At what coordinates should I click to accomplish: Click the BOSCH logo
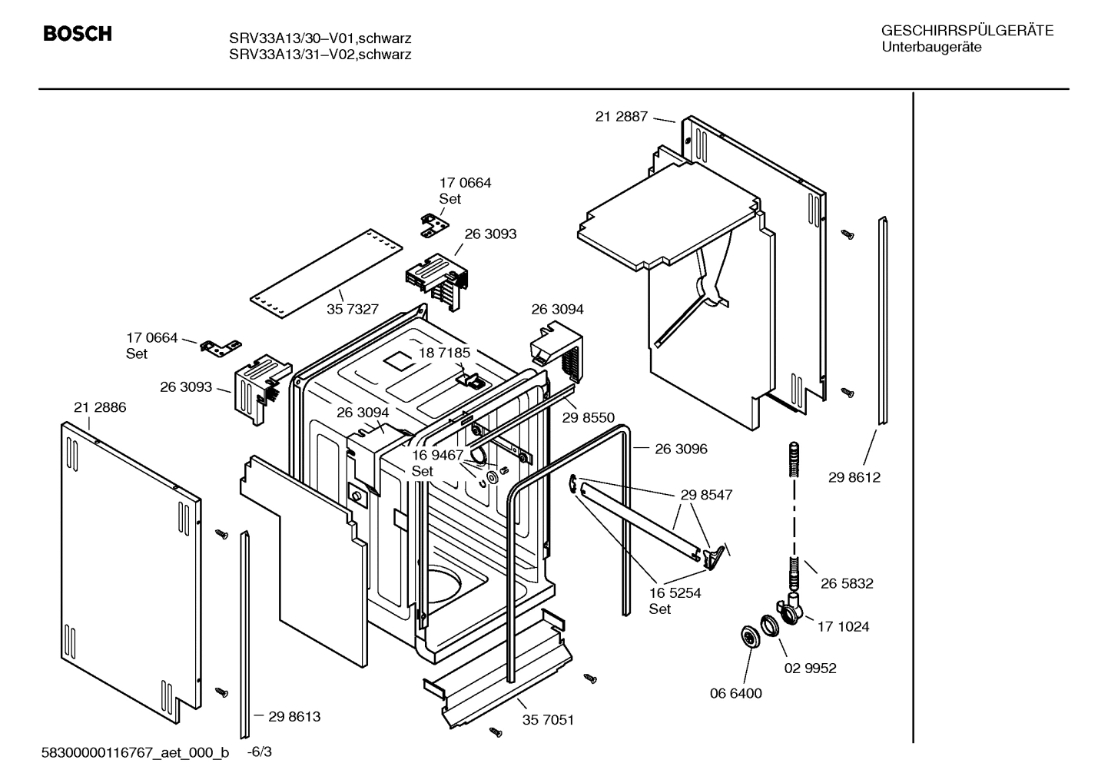(x=78, y=34)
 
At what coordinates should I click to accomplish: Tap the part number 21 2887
(x=621, y=117)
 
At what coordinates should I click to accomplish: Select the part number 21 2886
(x=100, y=407)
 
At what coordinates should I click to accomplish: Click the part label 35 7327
(x=352, y=309)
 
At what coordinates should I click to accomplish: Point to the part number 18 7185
(x=443, y=353)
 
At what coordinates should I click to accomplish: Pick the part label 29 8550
(x=588, y=417)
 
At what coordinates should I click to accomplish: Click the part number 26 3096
(x=681, y=449)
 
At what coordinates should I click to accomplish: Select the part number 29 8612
(x=854, y=477)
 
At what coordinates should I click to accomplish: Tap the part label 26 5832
(x=846, y=583)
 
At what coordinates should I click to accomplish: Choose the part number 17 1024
(x=843, y=626)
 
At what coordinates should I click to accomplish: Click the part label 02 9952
(x=810, y=668)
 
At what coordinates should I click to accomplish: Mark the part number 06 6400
(x=735, y=693)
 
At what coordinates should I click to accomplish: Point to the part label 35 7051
(x=548, y=720)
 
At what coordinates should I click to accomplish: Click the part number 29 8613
(x=294, y=716)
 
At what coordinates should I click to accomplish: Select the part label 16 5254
(x=675, y=592)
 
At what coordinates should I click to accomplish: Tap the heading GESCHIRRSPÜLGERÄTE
(x=967, y=31)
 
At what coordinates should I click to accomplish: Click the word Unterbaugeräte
(x=931, y=47)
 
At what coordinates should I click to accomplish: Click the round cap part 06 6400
(x=747, y=636)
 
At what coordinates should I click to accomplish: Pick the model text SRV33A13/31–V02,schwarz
(x=320, y=55)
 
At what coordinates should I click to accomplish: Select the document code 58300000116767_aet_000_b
(x=135, y=752)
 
